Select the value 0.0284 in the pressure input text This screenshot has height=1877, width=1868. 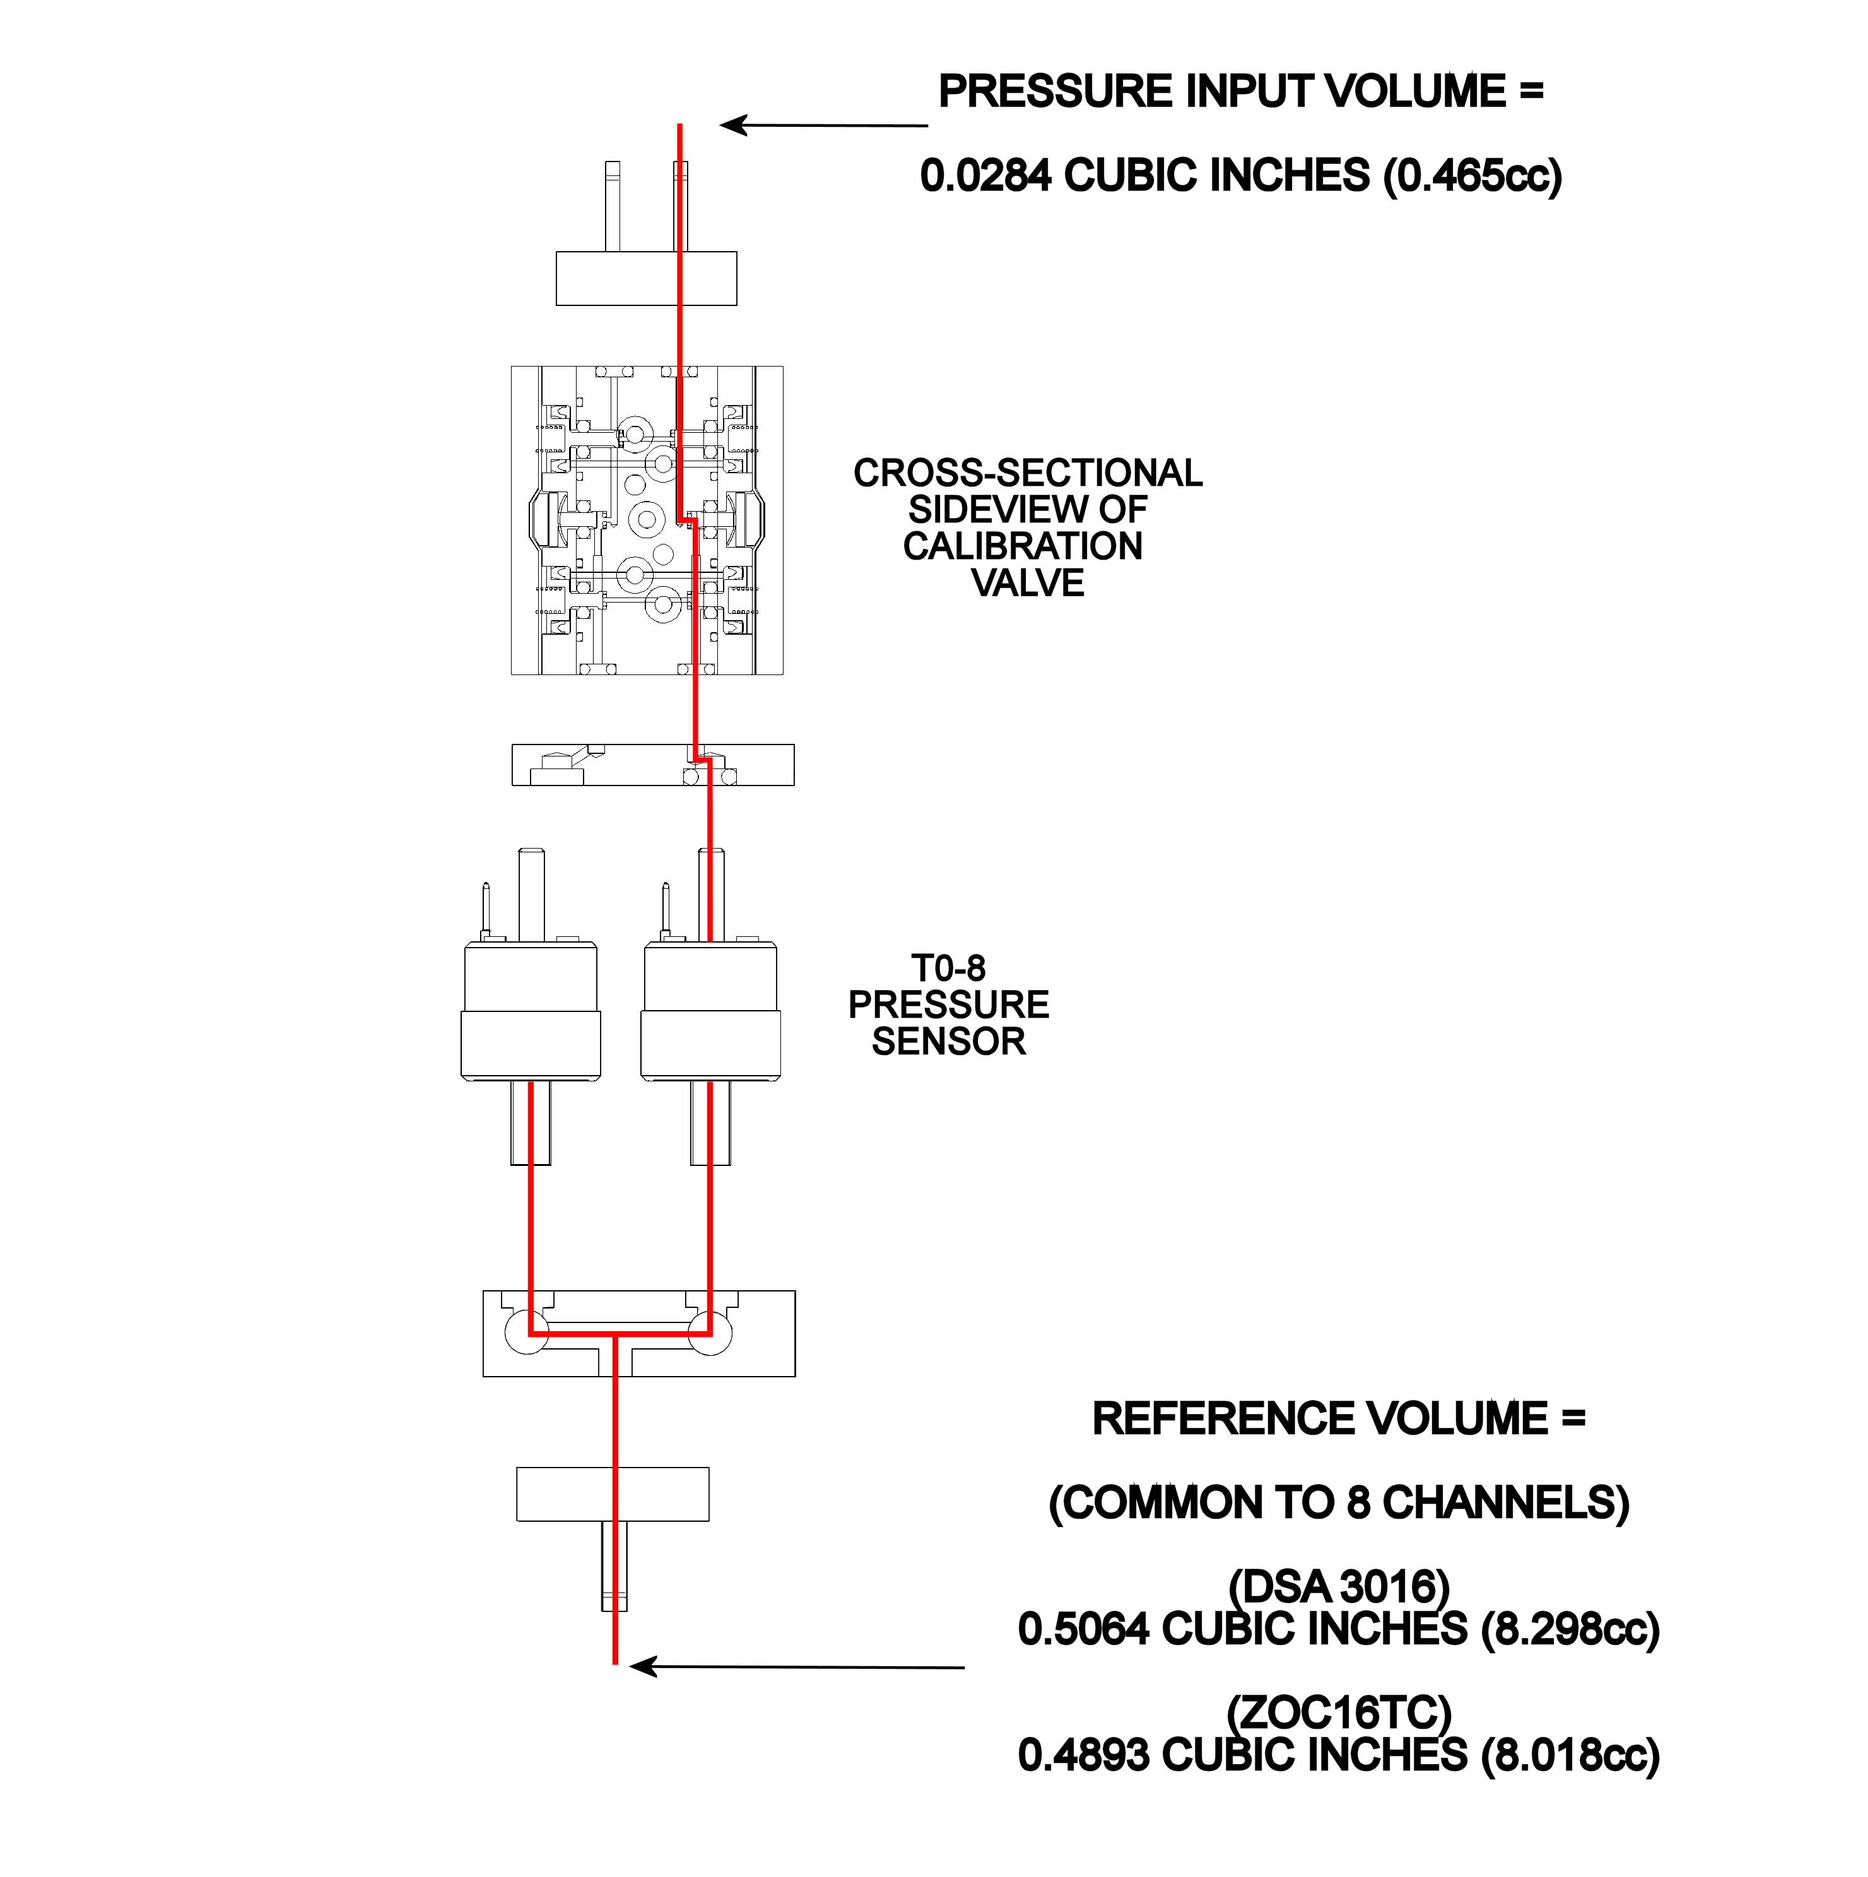click(x=985, y=176)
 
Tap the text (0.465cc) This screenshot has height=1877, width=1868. click(x=1472, y=176)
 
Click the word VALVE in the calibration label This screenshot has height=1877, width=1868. click(x=1027, y=583)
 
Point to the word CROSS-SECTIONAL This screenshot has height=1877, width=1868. click(x=1027, y=473)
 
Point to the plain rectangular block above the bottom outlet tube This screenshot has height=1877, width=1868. click(x=612, y=1494)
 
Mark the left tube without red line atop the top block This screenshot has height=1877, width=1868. click(x=612, y=206)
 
